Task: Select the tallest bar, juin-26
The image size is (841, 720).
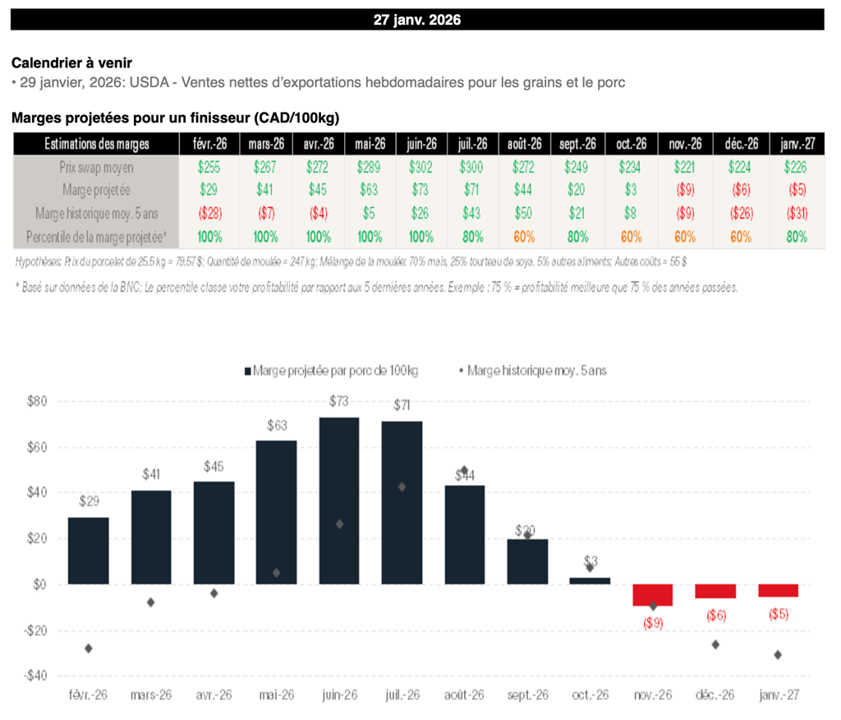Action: tap(338, 501)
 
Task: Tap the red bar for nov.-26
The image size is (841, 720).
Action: tap(653, 594)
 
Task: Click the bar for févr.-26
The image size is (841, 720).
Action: tap(89, 550)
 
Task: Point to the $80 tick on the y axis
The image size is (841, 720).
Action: tap(37, 402)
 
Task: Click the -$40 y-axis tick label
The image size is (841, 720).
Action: tap(35, 676)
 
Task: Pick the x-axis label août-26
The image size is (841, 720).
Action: tap(464, 695)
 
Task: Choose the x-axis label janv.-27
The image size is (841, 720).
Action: tap(778, 695)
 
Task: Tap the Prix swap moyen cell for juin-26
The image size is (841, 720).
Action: tap(422, 166)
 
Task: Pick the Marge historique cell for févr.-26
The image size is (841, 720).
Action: tap(204, 214)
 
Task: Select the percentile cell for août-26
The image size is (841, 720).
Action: tap(524, 237)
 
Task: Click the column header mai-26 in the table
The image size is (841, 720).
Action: tap(370, 143)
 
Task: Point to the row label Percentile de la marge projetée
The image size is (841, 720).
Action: tap(96, 237)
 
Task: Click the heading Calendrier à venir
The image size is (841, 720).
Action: tap(72, 62)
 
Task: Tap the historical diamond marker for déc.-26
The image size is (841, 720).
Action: tap(715, 644)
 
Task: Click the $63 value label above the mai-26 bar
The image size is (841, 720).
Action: tap(276, 426)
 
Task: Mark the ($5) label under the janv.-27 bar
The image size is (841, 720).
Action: tap(778, 614)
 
